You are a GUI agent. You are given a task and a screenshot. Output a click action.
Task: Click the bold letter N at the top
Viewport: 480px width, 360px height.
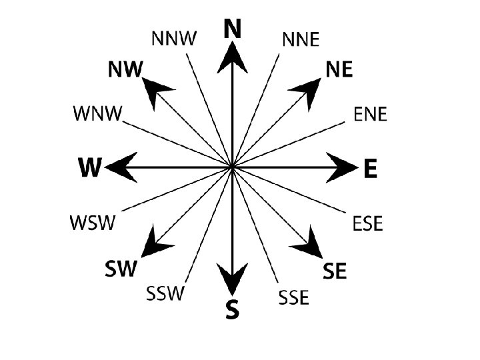(232, 29)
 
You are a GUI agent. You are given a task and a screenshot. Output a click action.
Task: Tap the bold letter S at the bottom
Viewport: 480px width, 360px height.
(231, 310)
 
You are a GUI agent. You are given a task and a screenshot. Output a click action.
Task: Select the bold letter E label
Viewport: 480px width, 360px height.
(370, 168)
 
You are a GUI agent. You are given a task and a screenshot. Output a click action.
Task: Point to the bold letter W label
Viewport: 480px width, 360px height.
(90, 168)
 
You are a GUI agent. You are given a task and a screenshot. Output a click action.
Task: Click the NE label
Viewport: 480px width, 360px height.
(339, 71)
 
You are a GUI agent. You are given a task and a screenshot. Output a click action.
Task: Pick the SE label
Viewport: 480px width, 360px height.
(335, 271)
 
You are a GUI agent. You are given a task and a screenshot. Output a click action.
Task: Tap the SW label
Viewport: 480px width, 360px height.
(121, 269)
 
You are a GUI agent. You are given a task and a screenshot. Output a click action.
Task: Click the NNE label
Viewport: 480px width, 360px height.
(301, 40)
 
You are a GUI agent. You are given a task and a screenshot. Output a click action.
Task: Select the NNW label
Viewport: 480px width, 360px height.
(174, 39)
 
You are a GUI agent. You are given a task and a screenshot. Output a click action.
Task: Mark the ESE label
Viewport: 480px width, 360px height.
(367, 223)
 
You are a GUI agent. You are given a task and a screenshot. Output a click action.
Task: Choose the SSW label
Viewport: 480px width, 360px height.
(164, 293)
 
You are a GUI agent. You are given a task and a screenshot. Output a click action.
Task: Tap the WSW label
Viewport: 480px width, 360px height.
(93, 222)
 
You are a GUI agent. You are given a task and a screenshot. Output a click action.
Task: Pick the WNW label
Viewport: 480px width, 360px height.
(97, 113)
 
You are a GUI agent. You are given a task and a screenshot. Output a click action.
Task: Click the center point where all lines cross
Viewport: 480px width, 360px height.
(232, 167)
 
